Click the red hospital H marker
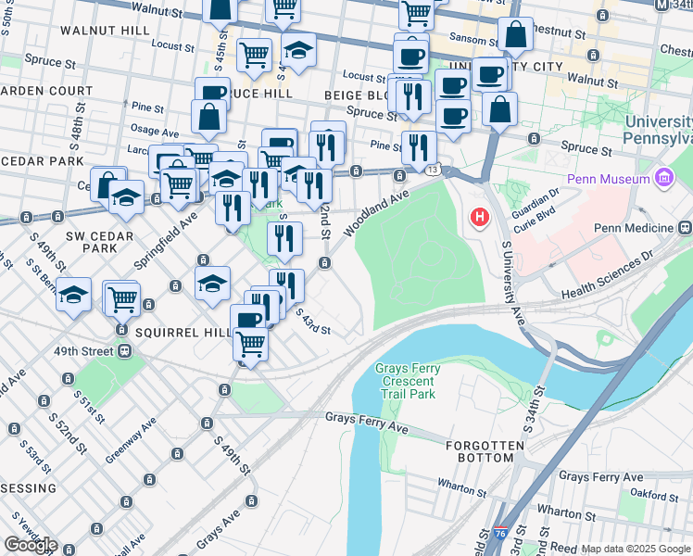[479, 218]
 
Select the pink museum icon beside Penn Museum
[663, 176]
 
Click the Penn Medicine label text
[634, 228]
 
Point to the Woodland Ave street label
[376, 211]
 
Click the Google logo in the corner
[31, 544]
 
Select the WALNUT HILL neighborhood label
[104, 30]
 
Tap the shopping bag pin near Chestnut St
[515, 34]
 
